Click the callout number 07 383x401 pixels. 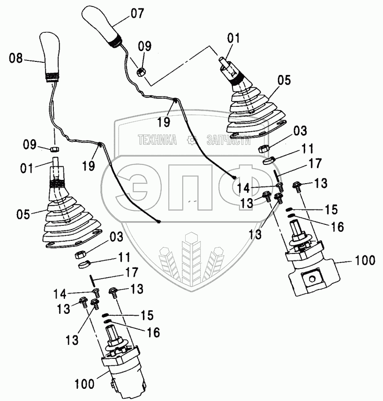[x=137, y=13]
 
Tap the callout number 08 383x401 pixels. [x=16, y=58]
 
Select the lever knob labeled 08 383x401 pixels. [x=50, y=57]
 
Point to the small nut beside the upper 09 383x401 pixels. [x=141, y=72]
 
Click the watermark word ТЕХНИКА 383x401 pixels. [x=158, y=140]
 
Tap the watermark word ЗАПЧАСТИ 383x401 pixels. [x=228, y=140]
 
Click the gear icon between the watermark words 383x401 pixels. [x=192, y=140]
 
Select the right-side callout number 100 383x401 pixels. [x=365, y=260]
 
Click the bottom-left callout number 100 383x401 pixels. [x=84, y=384]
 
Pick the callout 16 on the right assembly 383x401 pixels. [x=337, y=227]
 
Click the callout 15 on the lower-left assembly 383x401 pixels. [x=147, y=315]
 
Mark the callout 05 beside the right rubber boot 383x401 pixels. [x=284, y=80]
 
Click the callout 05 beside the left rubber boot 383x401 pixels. [x=23, y=214]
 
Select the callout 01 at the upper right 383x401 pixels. [x=233, y=38]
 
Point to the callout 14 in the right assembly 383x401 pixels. [x=243, y=188]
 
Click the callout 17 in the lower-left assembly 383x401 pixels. [x=132, y=272]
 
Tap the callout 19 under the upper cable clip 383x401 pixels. [x=164, y=122]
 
